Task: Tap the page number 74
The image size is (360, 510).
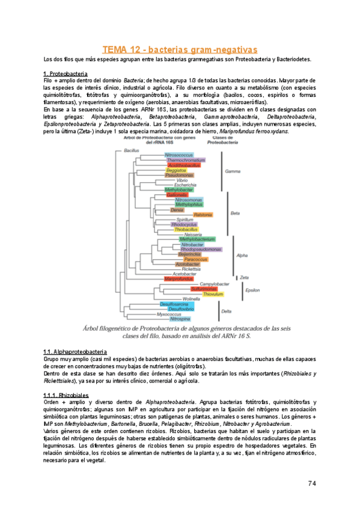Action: (x=312, y=484)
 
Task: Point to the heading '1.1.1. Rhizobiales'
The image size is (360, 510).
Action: (x=67, y=395)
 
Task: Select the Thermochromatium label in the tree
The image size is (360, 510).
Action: (x=186, y=160)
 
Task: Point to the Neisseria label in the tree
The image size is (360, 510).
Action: (x=189, y=234)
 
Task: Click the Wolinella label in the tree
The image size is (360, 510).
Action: (x=191, y=298)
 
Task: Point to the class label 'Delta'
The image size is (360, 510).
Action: (x=227, y=311)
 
